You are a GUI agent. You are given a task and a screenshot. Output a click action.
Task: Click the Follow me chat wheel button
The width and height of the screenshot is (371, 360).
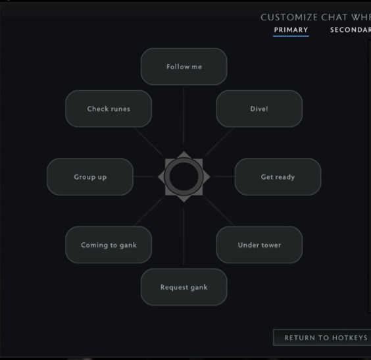click(x=184, y=66)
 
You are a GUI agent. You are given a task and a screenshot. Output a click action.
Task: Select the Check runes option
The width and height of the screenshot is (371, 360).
click(x=109, y=109)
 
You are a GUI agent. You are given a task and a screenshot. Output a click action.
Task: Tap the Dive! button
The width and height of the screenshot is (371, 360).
click(x=259, y=109)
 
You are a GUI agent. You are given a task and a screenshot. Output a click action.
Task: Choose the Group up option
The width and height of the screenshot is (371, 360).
click(x=90, y=177)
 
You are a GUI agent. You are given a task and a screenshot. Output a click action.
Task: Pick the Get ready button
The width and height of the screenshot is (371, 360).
click(x=278, y=177)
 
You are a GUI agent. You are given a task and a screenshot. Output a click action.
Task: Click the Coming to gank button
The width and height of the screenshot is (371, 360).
click(x=109, y=245)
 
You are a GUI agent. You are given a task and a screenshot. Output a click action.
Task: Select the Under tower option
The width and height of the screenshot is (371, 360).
click(x=259, y=245)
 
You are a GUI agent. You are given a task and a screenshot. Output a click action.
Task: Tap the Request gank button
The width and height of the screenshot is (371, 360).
click(x=184, y=287)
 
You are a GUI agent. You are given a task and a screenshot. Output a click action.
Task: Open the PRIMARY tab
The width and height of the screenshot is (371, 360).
click(x=291, y=30)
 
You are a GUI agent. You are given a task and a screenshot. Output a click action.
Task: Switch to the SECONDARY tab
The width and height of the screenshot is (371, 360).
click(x=351, y=30)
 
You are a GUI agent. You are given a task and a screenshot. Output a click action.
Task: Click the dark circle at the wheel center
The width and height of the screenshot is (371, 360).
click(x=184, y=176)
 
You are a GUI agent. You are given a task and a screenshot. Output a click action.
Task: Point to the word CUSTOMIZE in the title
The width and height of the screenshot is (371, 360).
click(x=289, y=17)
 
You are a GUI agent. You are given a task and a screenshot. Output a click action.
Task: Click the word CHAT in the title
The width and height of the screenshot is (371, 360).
click(x=334, y=17)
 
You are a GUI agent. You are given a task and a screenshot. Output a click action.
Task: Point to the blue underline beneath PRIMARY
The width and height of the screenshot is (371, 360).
click(x=291, y=36)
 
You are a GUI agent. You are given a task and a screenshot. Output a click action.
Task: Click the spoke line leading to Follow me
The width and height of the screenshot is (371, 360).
click(x=184, y=118)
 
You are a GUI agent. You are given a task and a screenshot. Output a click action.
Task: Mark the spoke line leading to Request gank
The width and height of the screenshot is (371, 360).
click(x=184, y=235)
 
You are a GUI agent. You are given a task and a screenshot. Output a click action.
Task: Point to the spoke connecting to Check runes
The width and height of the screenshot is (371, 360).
click(x=149, y=141)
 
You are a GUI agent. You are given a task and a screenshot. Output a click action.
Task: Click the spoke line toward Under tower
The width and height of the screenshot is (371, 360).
click(x=219, y=211)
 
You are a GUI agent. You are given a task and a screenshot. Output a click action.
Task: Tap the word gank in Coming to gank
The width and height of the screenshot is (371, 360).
click(x=128, y=245)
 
